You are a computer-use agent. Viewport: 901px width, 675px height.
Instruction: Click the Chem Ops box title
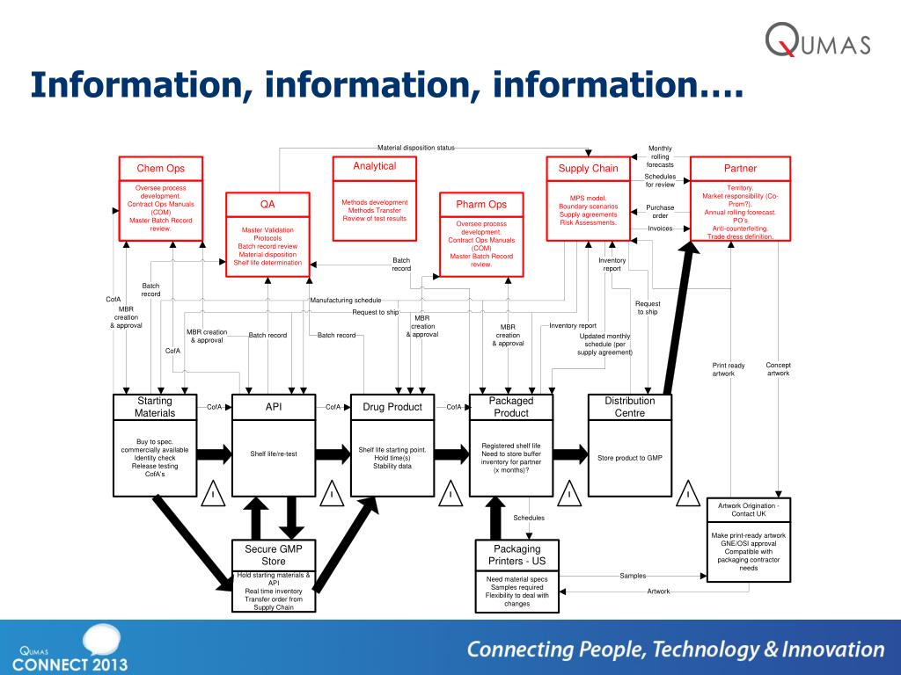click(x=160, y=169)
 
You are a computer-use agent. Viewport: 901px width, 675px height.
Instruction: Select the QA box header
click(x=267, y=204)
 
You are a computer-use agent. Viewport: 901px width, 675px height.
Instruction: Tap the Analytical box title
click(x=375, y=166)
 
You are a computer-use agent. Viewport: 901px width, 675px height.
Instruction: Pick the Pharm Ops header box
click(x=481, y=205)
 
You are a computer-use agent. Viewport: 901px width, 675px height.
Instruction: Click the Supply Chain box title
click(x=589, y=169)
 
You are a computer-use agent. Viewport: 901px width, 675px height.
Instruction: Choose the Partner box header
click(x=740, y=169)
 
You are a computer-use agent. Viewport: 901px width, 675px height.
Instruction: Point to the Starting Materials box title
click(x=155, y=407)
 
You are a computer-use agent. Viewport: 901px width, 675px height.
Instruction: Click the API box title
click(x=274, y=407)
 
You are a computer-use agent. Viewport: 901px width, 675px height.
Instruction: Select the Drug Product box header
click(x=392, y=407)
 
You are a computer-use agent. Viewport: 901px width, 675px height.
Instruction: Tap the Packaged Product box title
click(x=511, y=407)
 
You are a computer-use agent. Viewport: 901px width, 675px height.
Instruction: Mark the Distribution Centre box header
click(x=630, y=407)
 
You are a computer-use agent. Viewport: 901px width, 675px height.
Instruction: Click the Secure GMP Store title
click(x=274, y=555)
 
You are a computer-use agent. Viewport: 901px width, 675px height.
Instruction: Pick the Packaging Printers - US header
click(x=517, y=555)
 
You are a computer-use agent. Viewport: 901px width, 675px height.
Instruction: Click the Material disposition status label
click(x=416, y=148)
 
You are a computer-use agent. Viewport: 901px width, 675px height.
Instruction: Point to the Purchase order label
click(x=660, y=212)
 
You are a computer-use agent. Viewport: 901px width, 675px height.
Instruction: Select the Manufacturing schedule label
click(x=346, y=301)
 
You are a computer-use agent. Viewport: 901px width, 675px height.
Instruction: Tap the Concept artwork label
click(x=779, y=369)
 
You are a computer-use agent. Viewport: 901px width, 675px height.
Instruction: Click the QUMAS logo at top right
click(x=817, y=41)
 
